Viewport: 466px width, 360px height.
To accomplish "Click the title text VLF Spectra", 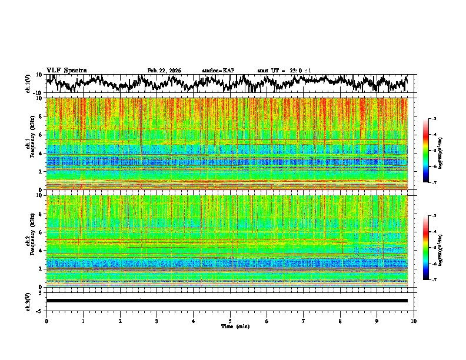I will [66, 70].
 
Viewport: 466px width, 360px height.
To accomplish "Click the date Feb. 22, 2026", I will [164, 71].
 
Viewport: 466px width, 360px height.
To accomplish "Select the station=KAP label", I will [218, 71].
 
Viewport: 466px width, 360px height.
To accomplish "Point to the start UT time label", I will [284, 71].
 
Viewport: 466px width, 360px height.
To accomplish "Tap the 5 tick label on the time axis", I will [230, 321].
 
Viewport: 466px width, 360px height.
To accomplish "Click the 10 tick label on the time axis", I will [414, 321].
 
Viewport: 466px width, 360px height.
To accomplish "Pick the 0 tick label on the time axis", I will [46, 321].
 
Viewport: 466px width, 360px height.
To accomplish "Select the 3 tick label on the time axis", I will [157, 321].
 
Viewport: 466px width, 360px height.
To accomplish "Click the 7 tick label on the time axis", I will [304, 321].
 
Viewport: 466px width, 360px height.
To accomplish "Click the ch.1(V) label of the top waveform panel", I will [28, 84].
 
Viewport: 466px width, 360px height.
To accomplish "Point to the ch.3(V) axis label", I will [28, 301].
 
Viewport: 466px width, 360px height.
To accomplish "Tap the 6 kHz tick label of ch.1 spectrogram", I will [42, 135].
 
